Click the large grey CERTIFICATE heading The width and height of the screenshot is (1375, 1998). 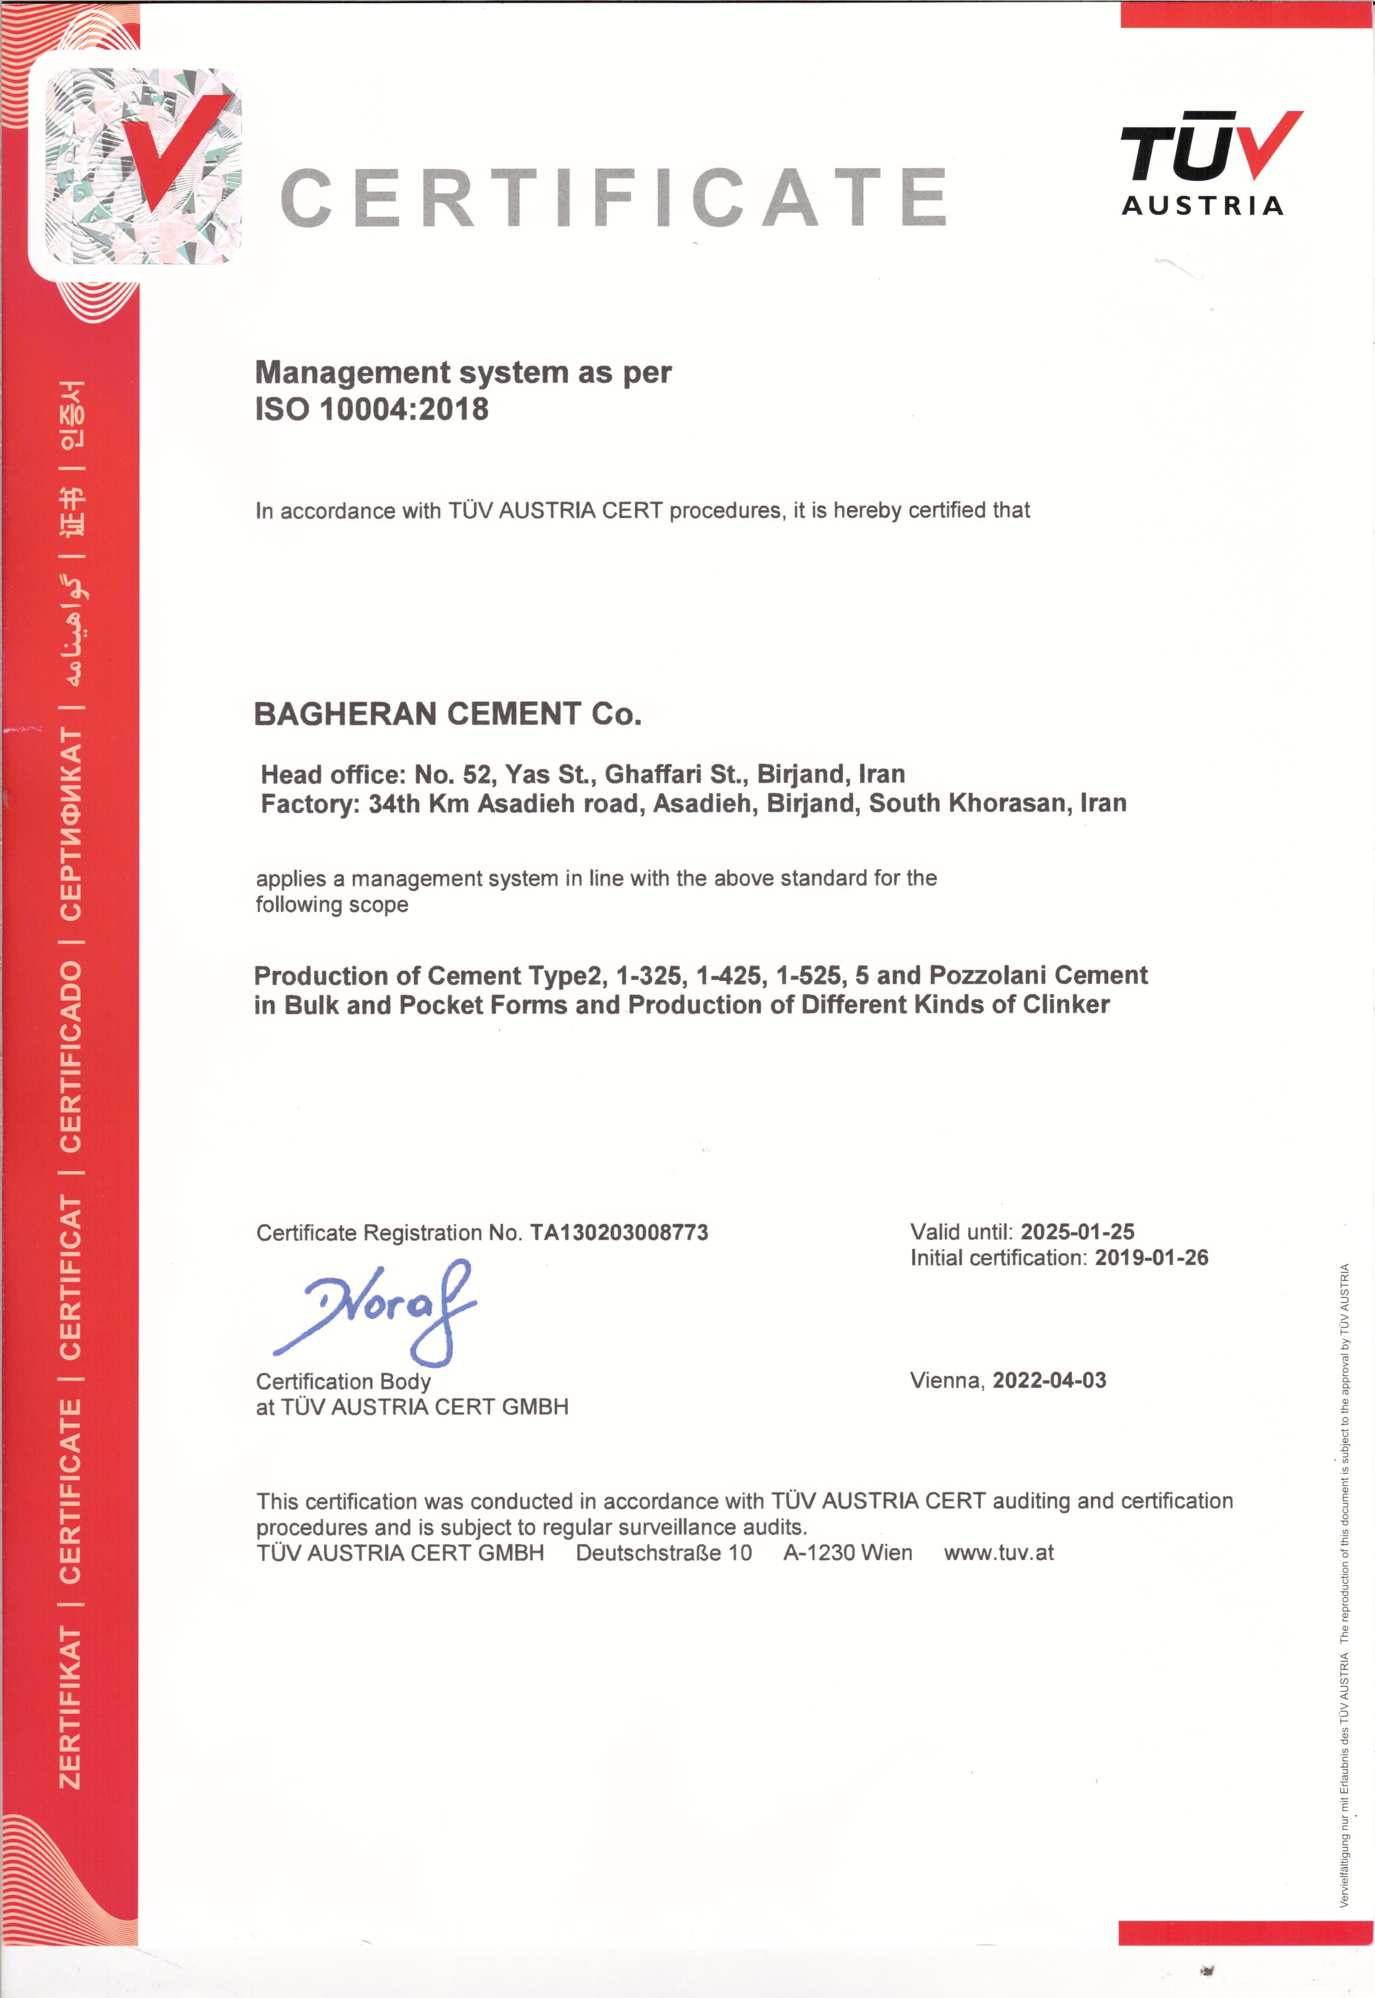613,197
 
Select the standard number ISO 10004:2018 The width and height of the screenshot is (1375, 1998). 371,408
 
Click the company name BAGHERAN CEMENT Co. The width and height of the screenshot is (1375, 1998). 447,713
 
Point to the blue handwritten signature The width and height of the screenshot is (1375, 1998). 379,1310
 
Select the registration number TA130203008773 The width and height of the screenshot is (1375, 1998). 619,1232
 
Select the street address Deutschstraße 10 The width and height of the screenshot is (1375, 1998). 663,1553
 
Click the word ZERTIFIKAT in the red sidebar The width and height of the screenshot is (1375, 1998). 70,1707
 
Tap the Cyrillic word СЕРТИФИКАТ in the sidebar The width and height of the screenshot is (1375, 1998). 70,824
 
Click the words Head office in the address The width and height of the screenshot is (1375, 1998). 331,774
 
